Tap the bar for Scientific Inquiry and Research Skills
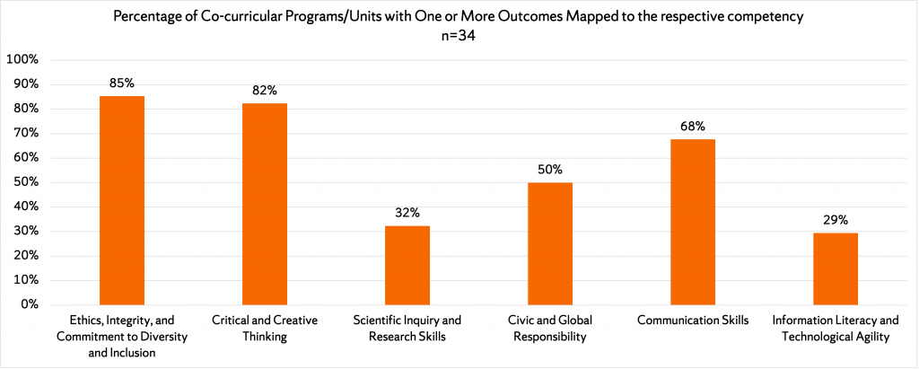click(x=407, y=265)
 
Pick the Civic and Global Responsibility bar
click(x=550, y=243)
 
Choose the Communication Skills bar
click(x=693, y=222)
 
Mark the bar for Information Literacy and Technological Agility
click(x=836, y=268)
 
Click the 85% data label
click(x=122, y=83)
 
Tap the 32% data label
click(x=407, y=213)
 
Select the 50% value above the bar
click(x=550, y=169)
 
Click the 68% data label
click(x=693, y=126)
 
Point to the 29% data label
click(x=836, y=220)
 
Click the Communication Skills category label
click(x=693, y=321)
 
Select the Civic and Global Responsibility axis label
click(x=550, y=329)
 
